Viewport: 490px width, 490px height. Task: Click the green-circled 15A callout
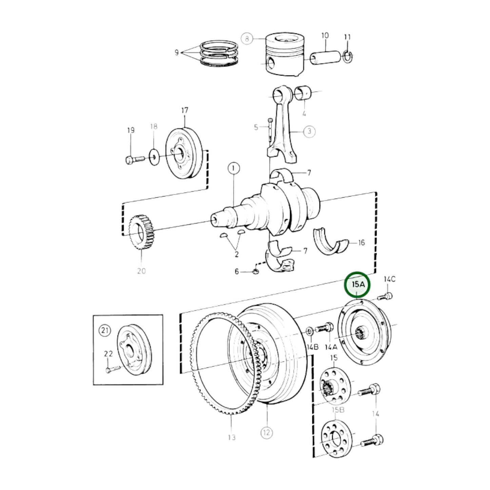click(357, 285)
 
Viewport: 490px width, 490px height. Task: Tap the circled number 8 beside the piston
click(247, 39)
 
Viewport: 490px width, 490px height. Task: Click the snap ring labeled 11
click(348, 57)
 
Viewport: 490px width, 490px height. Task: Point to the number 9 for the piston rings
click(177, 53)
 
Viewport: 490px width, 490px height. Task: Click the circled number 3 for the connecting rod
click(309, 131)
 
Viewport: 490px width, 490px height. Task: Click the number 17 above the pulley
click(184, 111)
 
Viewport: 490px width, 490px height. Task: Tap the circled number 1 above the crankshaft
click(234, 168)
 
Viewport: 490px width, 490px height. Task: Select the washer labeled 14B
click(310, 331)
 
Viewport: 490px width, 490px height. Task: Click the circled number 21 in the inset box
click(105, 330)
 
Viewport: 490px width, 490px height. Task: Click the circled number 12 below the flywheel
click(266, 432)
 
